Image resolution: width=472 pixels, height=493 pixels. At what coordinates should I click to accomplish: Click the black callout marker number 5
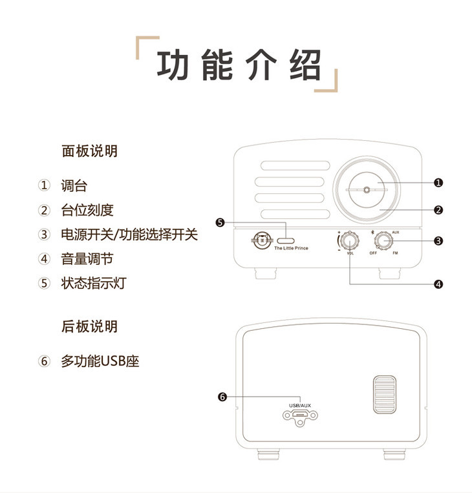coord(220,223)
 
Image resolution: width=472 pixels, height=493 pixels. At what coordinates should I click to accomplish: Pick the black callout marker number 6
coord(222,397)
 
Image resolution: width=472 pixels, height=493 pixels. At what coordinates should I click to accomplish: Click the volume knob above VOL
coord(350,241)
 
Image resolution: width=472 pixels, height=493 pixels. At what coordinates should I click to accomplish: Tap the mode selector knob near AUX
coord(383,241)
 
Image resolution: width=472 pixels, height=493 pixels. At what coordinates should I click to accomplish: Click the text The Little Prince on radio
coord(291,248)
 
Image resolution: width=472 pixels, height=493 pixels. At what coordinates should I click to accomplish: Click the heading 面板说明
coord(89,151)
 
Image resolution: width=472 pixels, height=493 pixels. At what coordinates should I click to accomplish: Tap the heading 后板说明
coord(89,326)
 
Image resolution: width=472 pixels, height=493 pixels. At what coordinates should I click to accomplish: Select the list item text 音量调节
coord(87,258)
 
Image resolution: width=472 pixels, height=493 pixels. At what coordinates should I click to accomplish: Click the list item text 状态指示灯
coord(93,283)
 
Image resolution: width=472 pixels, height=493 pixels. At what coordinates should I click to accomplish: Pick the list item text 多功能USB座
coord(100,361)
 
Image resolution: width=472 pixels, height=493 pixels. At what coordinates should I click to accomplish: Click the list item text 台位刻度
coord(87,210)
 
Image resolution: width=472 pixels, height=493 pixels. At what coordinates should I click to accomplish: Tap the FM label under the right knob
coord(395,253)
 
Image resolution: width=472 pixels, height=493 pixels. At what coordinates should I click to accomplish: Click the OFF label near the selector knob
coord(373,253)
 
